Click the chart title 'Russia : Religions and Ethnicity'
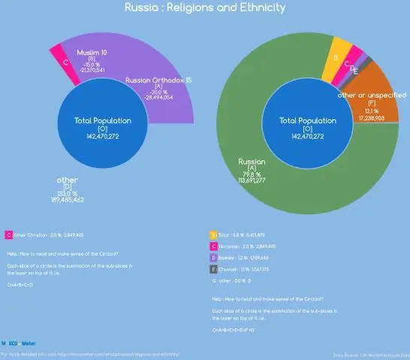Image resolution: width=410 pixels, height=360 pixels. (205, 8)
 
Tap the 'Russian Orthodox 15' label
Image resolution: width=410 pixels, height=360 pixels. (158, 79)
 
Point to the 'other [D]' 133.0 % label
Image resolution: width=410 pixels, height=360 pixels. (68, 181)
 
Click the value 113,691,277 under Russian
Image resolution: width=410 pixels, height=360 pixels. (252, 180)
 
